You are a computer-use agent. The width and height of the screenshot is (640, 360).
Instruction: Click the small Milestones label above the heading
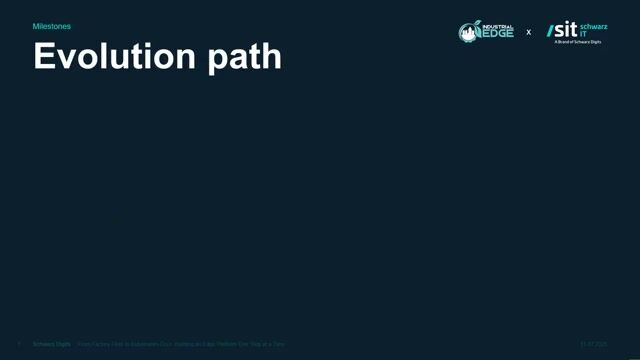[x=52, y=27]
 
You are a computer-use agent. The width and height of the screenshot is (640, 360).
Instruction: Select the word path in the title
[x=244, y=56]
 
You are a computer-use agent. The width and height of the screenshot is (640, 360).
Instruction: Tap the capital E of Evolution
[x=44, y=56]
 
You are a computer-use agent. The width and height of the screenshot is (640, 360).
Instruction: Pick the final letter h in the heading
[x=272, y=56]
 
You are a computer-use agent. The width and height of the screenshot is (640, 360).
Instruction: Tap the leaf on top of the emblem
[x=471, y=23]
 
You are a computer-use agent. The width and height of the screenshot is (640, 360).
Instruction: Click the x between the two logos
[x=529, y=32]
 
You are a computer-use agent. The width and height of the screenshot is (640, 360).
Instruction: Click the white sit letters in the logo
[x=566, y=30]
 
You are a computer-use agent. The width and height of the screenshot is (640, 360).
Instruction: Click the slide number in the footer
[x=19, y=344]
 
